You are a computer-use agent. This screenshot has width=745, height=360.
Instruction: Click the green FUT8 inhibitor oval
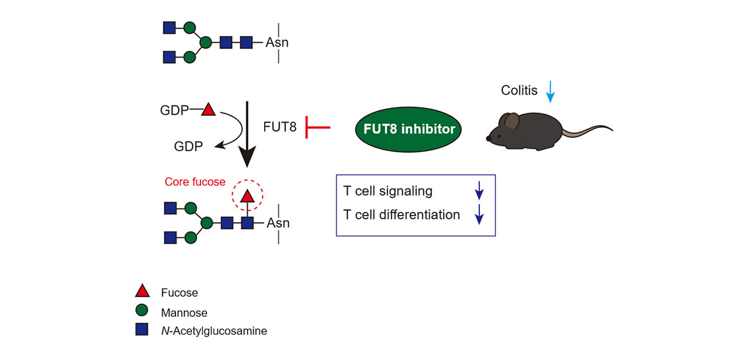[x=409, y=129]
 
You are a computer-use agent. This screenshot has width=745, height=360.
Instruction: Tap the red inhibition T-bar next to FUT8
[x=317, y=127]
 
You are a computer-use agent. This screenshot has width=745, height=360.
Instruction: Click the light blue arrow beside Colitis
[x=550, y=92]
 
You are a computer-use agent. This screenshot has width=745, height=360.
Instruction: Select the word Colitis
[x=519, y=90]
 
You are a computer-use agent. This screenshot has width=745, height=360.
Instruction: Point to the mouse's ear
[x=512, y=121]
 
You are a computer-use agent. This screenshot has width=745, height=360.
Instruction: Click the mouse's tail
[x=587, y=131]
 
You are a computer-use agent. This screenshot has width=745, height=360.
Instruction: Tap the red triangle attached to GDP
[x=209, y=109]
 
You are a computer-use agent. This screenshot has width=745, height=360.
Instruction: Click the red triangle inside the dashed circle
[x=248, y=196]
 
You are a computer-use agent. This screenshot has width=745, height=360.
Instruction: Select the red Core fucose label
[x=195, y=182]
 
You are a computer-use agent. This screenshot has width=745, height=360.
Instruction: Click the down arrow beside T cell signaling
[x=479, y=190]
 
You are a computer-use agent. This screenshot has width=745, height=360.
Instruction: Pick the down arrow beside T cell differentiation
[x=479, y=214]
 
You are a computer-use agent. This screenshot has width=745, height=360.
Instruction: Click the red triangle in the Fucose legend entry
[x=142, y=291]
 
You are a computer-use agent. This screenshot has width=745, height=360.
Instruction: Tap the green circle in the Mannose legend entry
[x=142, y=310]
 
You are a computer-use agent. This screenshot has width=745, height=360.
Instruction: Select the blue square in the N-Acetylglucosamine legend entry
[x=142, y=330]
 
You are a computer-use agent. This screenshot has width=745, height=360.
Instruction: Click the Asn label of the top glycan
[x=277, y=42]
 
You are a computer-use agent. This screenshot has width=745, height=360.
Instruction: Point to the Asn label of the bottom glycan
[x=278, y=223]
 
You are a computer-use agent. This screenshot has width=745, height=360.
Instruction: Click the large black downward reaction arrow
[x=247, y=134]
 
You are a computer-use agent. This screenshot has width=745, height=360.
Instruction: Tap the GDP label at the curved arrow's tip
[x=188, y=146]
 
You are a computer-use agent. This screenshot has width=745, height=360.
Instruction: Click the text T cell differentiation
[x=401, y=214]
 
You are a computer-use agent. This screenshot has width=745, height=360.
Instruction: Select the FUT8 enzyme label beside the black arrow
[x=280, y=127]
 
